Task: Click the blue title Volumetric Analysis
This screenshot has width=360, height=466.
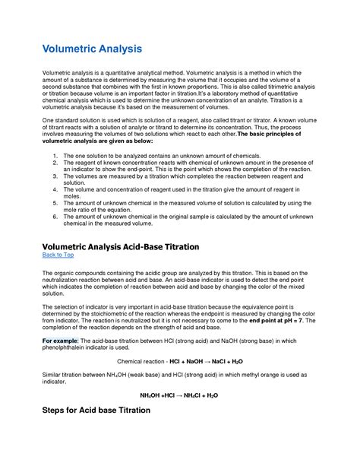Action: coord(92,49)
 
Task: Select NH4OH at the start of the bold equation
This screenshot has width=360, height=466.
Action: coord(152,396)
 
